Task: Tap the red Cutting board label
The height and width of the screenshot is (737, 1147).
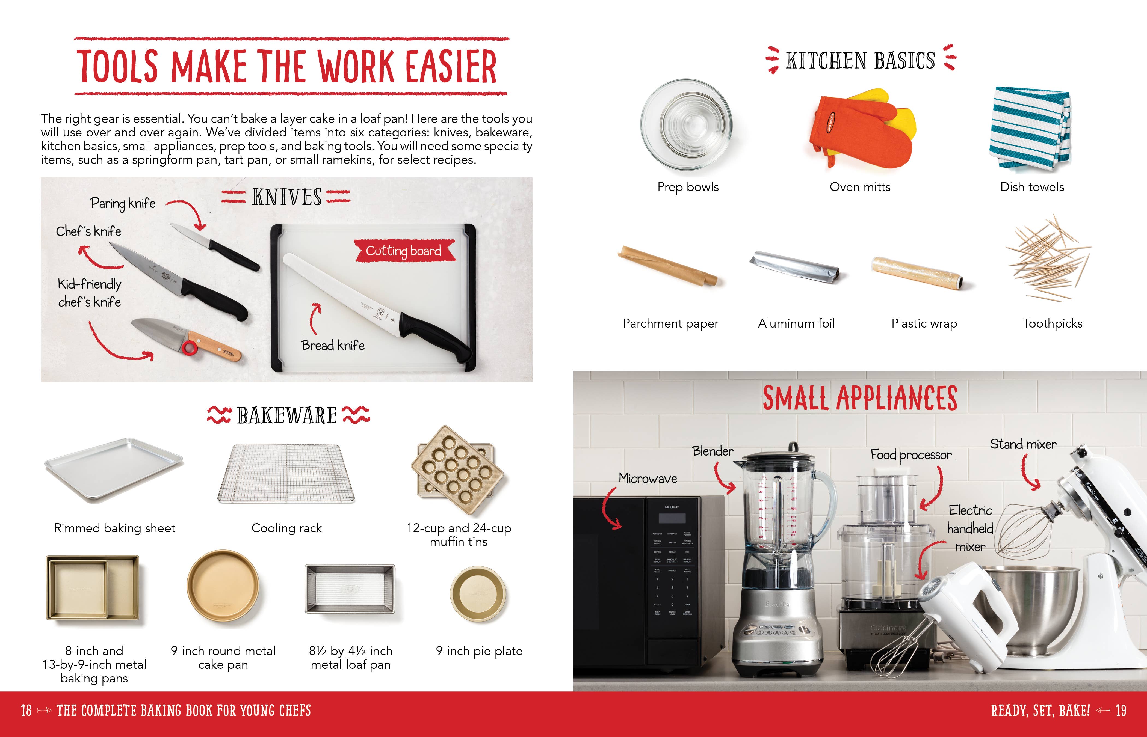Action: [404, 251]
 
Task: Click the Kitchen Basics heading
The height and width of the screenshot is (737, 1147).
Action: [860, 61]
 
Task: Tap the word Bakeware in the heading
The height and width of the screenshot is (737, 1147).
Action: [287, 415]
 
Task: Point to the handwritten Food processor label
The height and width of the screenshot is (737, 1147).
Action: [910, 455]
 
